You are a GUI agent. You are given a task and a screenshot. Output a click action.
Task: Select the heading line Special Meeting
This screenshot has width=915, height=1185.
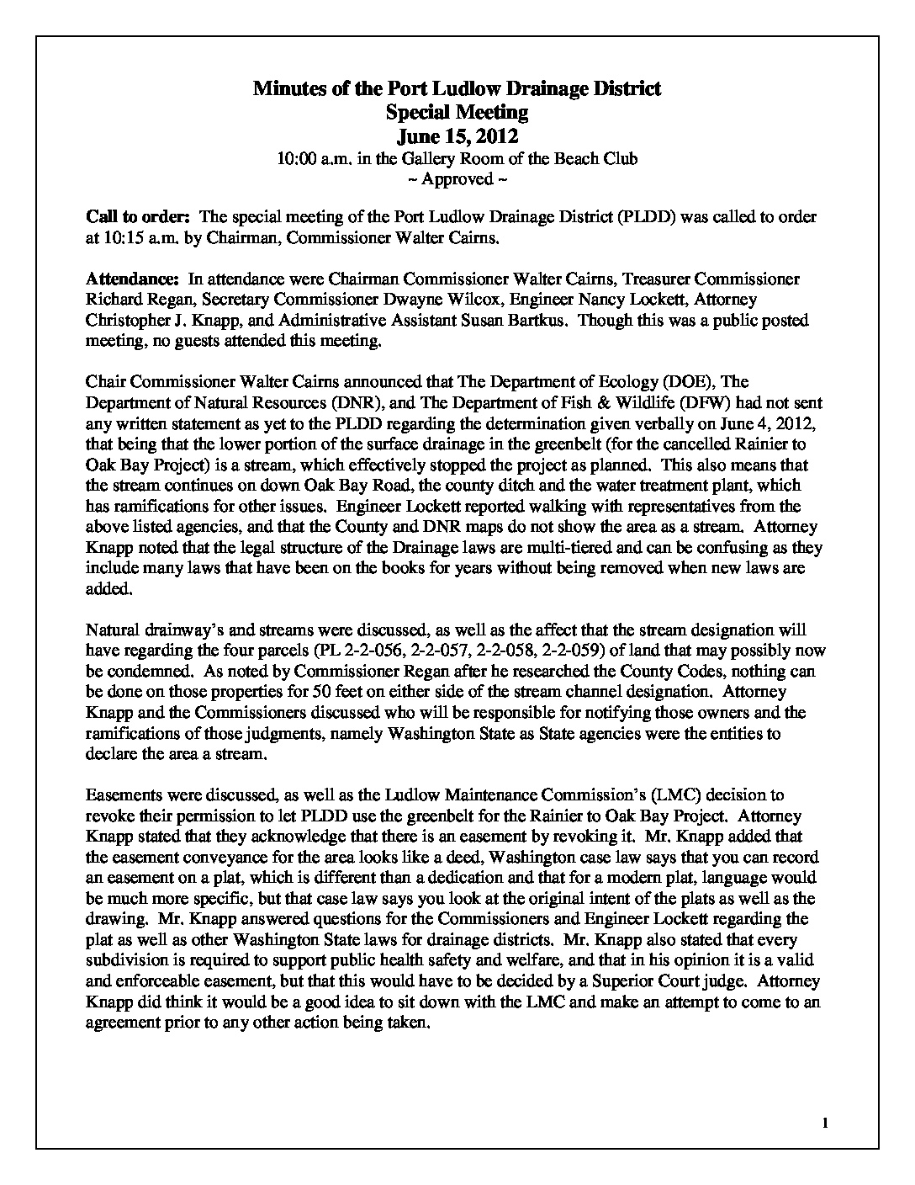point(457,112)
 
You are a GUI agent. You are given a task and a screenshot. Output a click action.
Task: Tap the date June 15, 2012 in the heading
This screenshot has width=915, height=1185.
point(457,136)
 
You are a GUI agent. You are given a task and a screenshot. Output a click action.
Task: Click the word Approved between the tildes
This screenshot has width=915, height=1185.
point(457,178)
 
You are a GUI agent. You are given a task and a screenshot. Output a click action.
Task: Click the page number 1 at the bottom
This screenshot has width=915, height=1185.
point(825,1123)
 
